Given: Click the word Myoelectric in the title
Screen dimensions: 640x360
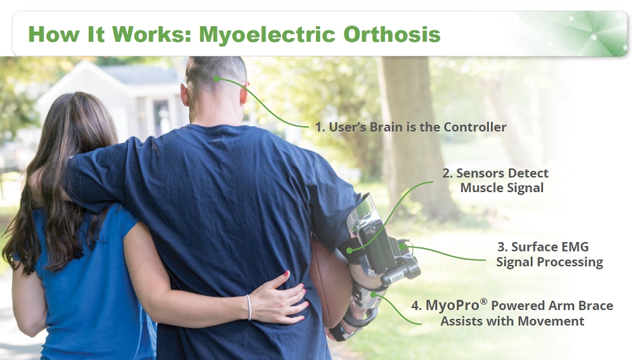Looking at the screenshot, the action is click(267, 34).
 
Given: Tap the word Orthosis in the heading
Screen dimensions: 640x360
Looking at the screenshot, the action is click(392, 34).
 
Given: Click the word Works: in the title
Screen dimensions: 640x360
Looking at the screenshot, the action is click(152, 34).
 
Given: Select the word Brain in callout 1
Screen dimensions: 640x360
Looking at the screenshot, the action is click(386, 127).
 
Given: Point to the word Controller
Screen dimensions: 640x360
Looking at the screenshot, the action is click(475, 127).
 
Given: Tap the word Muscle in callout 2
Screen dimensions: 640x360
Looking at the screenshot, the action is click(480, 188).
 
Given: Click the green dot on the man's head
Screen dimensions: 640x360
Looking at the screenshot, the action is click(216, 78).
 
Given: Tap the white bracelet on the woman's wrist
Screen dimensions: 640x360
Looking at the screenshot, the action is click(249, 307).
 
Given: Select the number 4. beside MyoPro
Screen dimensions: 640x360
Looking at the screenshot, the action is click(416, 305).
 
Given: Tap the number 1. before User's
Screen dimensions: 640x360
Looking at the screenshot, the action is click(320, 127).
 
